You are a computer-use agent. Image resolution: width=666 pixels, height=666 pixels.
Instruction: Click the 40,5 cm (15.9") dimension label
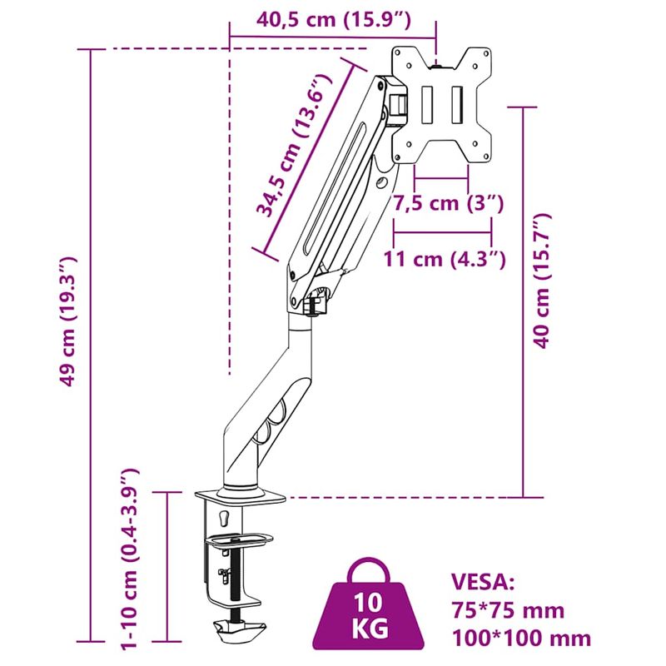(x=334, y=20)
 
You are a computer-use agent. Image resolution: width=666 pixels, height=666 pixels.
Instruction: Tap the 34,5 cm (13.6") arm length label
(x=293, y=145)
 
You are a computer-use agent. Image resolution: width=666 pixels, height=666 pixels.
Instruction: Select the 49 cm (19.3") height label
(x=67, y=321)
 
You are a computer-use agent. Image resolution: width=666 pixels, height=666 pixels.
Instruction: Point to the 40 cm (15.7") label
(x=543, y=281)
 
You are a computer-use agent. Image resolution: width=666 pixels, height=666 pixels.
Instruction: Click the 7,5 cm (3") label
(x=448, y=203)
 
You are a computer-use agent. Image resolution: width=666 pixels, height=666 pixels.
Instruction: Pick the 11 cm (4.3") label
(x=445, y=259)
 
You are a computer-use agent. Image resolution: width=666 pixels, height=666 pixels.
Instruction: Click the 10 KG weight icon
(x=369, y=610)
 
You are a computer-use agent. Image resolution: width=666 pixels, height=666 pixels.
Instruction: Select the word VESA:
(x=483, y=582)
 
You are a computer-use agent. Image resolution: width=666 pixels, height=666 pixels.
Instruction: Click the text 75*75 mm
(x=508, y=611)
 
